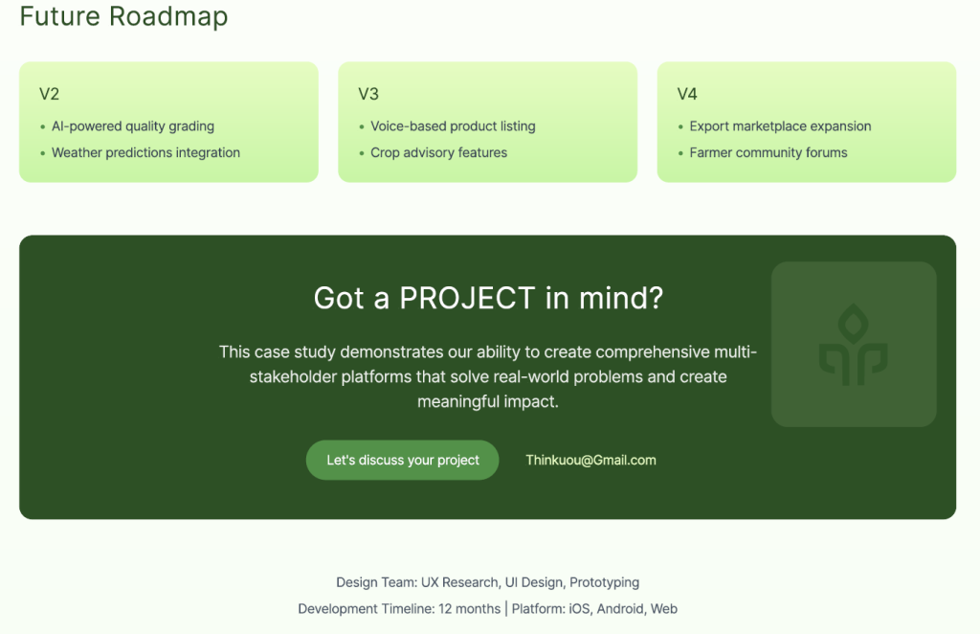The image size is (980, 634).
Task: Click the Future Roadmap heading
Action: click(123, 16)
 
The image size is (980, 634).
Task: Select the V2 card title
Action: click(50, 94)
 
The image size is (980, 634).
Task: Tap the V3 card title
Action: click(368, 94)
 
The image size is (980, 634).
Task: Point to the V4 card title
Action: click(687, 94)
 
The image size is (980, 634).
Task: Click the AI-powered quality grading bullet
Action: click(133, 126)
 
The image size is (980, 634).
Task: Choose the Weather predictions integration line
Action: click(145, 152)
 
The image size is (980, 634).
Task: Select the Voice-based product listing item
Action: click(453, 126)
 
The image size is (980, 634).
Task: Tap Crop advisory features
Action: click(438, 152)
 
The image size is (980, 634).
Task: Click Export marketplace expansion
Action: click(780, 126)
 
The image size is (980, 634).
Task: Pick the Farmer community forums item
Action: click(768, 152)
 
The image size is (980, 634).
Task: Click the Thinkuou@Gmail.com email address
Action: click(590, 461)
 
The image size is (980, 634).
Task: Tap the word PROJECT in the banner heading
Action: click(467, 298)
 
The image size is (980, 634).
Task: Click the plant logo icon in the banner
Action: click(853, 345)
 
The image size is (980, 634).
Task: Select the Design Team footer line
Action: click(487, 582)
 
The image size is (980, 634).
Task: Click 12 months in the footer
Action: click(469, 608)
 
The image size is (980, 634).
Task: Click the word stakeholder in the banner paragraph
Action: click(293, 376)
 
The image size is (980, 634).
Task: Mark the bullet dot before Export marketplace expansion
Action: click(680, 127)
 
